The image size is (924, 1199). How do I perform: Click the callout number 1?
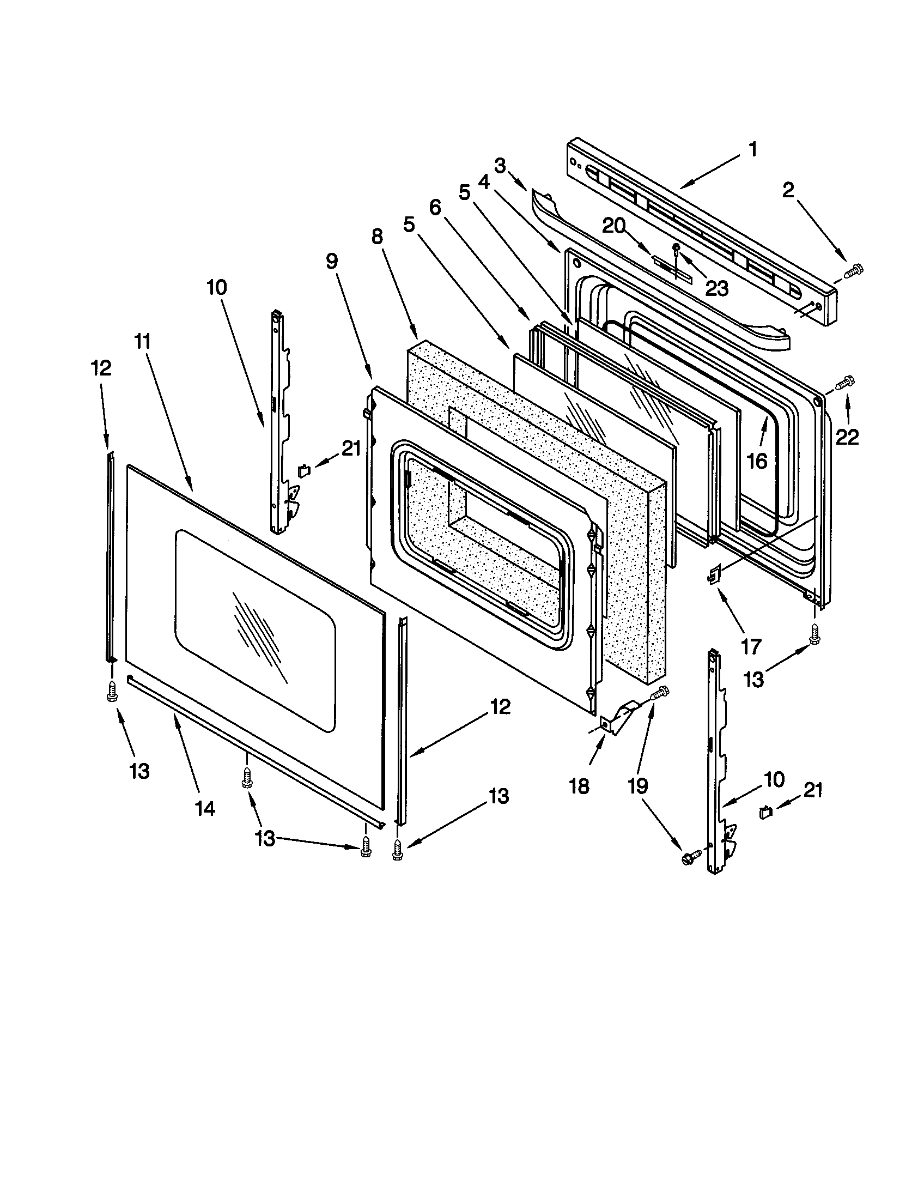753,149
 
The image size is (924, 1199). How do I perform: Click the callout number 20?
613,225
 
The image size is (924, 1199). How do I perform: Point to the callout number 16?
757,461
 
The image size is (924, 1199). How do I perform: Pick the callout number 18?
579,786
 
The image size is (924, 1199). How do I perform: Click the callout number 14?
205,808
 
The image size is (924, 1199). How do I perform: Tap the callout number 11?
143,342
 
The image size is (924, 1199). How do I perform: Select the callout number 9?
331,261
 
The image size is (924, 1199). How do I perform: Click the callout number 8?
376,237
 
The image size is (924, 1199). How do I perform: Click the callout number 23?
716,287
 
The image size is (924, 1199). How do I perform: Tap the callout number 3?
499,165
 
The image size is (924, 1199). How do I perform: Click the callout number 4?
483,182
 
